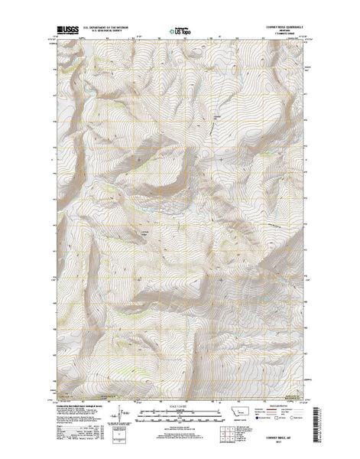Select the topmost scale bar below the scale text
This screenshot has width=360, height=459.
(x=180, y=411)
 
